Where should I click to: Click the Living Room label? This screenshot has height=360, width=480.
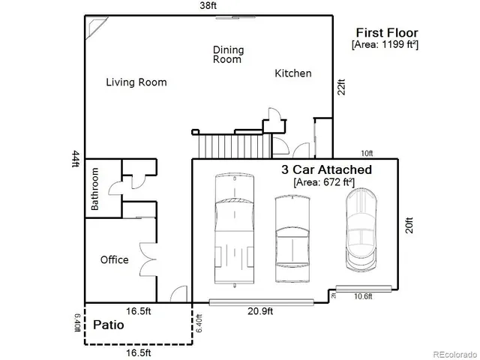point(136,82)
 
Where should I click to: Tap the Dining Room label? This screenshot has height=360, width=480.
point(228,55)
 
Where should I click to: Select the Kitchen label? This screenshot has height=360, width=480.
point(292,73)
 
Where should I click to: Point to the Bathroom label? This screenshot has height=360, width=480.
point(95,188)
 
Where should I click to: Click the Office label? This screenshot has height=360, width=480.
point(114,260)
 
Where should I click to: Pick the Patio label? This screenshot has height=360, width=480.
point(109,326)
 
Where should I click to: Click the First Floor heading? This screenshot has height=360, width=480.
point(386,32)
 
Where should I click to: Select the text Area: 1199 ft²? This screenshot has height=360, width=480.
point(385,45)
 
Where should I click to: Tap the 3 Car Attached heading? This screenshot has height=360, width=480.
point(325,169)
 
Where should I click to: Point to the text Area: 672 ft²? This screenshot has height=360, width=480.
point(325,182)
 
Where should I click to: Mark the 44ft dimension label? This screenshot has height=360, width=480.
point(75,160)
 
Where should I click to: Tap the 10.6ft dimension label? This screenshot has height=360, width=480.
point(363,296)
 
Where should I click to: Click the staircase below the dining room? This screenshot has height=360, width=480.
point(229,142)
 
